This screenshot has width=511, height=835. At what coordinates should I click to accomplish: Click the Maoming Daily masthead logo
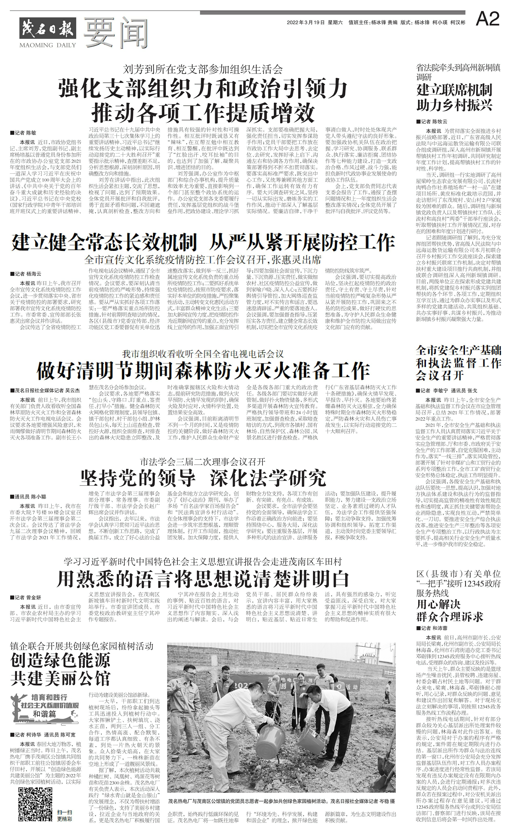click(48, 32)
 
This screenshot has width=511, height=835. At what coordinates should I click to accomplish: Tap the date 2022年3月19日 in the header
click(305, 23)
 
